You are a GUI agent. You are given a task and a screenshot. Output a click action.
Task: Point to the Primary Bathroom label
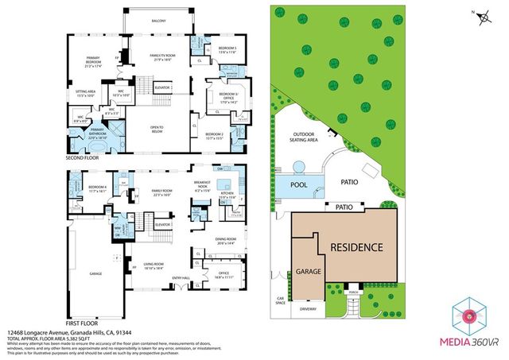coord(98,133)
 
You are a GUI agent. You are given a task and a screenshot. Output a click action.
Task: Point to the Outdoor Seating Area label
coord(307,137)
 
